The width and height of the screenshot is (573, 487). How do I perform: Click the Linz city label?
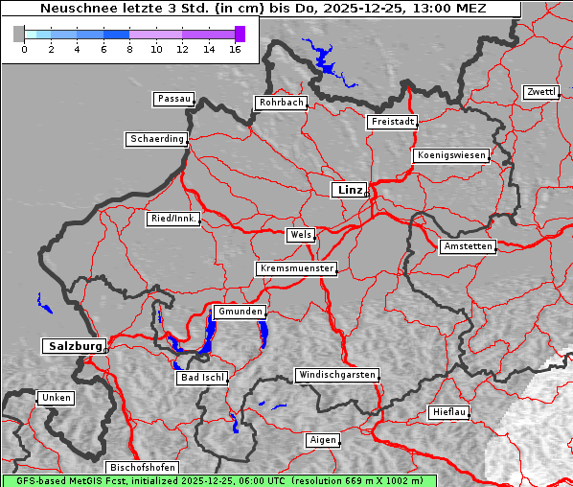point(349,190)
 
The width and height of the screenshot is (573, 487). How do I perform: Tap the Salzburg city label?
point(73,346)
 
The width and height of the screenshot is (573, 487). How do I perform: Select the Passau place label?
point(173,99)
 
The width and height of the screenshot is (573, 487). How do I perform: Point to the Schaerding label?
point(156,139)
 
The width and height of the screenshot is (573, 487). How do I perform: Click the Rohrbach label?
point(280,103)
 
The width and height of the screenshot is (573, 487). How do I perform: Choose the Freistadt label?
point(392,122)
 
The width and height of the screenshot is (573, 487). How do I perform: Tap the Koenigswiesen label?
point(451,155)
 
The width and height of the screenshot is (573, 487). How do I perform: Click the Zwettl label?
point(540,92)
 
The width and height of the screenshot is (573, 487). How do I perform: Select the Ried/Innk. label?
point(173,219)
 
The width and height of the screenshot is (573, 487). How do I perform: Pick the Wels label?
point(300,235)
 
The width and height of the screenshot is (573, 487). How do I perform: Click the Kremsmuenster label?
point(297,268)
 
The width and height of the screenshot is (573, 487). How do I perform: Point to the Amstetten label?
point(468,246)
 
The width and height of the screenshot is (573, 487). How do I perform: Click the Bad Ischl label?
point(202,378)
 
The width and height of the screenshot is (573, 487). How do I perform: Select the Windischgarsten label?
point(336,375)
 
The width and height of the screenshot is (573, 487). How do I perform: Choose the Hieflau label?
point(449,412)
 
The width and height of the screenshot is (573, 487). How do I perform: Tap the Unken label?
point(56,397)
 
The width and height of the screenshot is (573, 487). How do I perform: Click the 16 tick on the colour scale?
point(235,48)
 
